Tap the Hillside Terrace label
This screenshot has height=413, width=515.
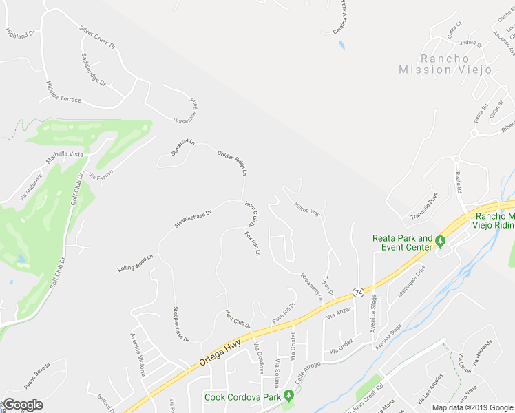63,92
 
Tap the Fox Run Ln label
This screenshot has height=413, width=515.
252,244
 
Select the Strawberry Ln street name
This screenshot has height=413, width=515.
311,286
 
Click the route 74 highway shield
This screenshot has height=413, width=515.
358,292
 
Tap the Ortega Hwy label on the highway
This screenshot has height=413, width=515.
216,352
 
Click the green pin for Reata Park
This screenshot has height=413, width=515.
441,240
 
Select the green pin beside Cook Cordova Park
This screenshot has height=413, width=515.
289,395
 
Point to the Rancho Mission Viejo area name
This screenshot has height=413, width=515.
446,64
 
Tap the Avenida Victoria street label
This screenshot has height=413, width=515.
138,354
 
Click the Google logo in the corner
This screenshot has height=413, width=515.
23,405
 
